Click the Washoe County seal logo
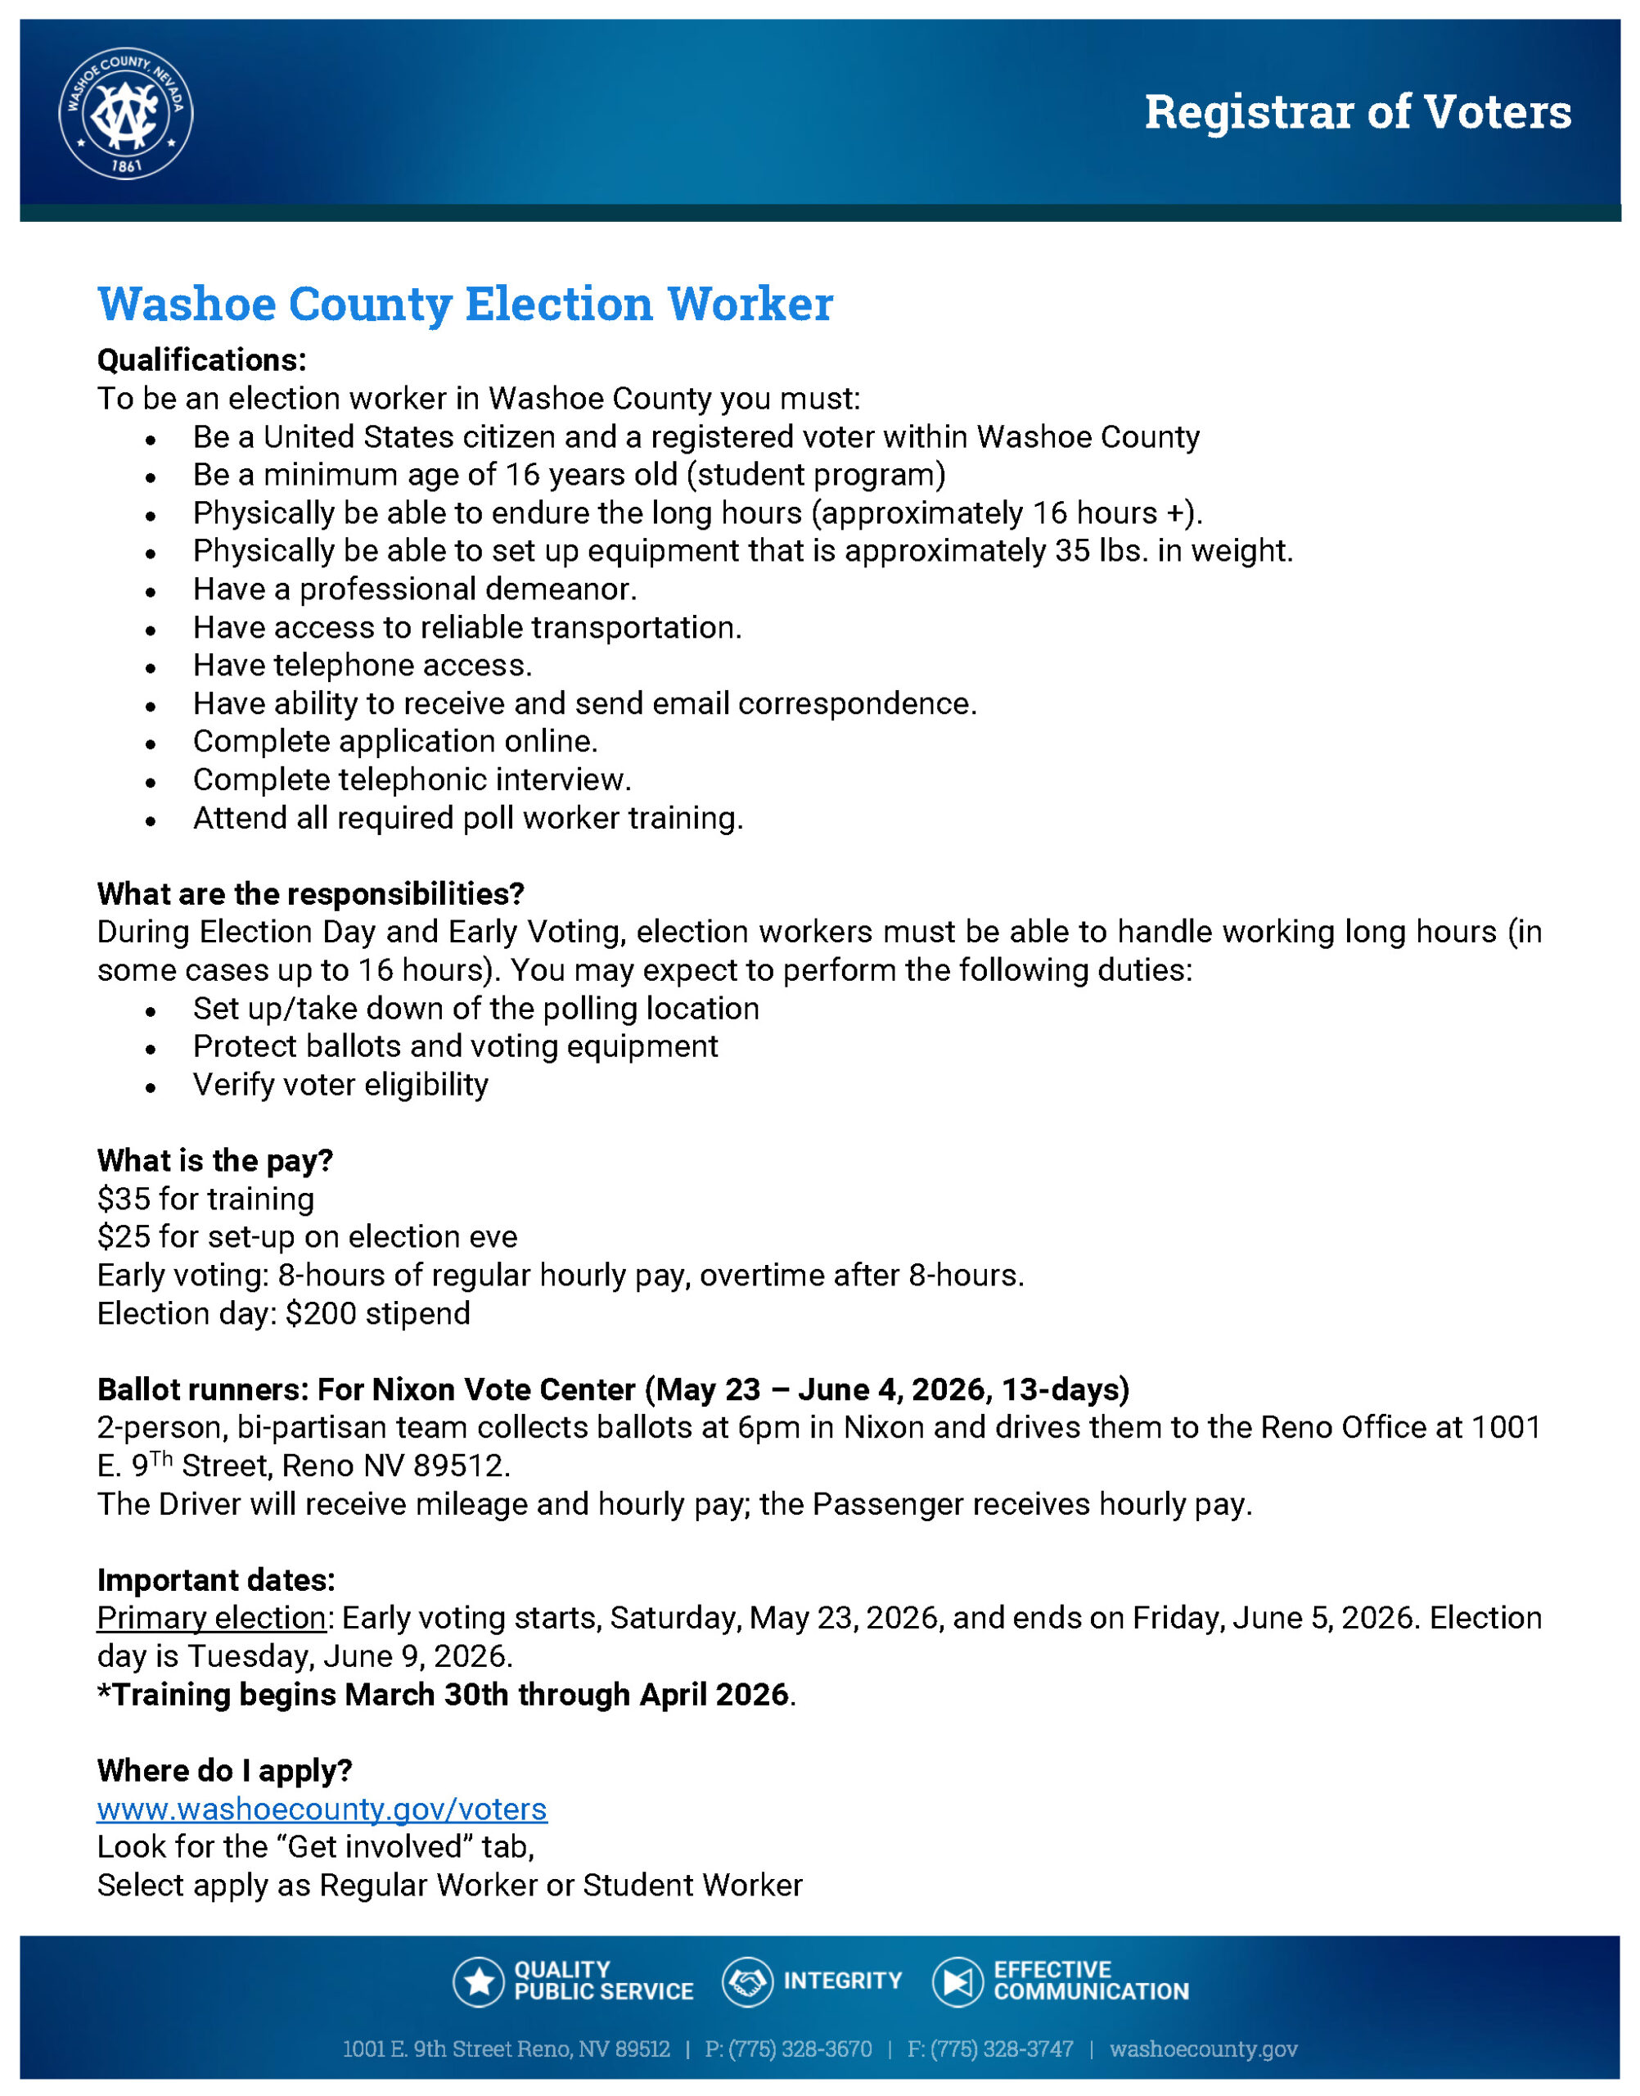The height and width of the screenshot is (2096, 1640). pos(126,113)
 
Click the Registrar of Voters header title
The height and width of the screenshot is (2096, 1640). pos(1357,112)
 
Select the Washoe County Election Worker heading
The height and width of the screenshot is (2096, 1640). pos(465,304)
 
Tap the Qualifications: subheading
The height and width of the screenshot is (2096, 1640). pos(201,360)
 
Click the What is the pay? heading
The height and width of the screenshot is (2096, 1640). pos(215,1160)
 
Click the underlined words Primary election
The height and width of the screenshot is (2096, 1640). pos(211,1618)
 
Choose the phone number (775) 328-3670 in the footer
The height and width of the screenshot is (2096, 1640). pos(800,2049)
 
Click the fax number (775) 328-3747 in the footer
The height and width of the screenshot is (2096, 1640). pos(1002,2049)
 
